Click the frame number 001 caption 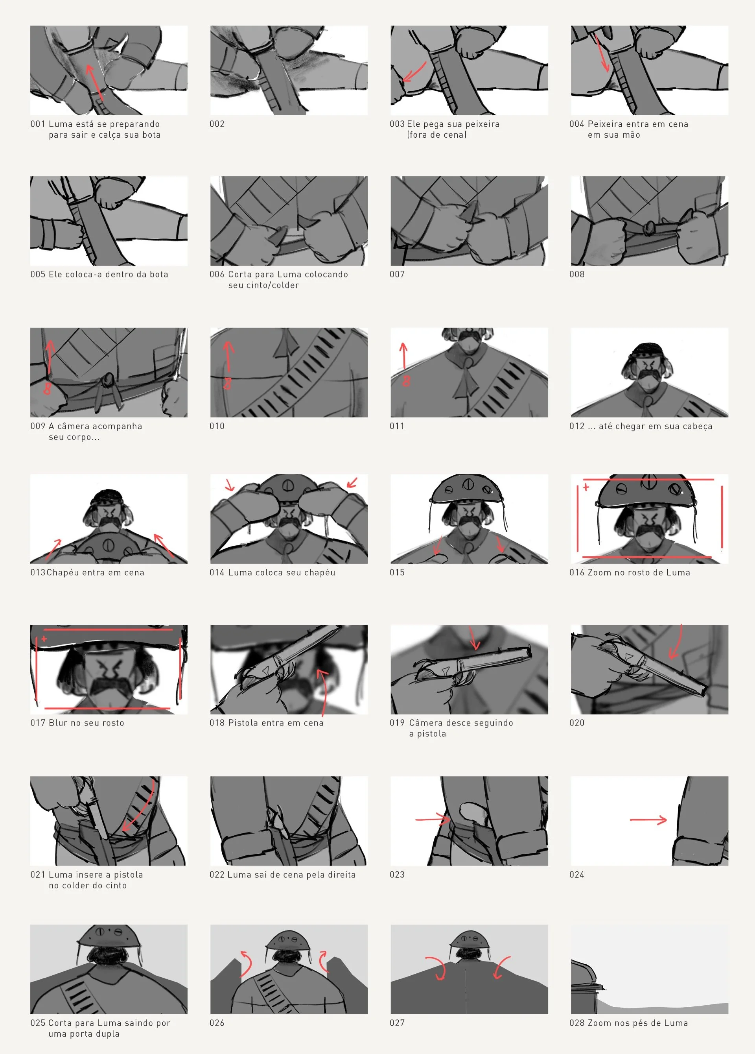click(38, 124)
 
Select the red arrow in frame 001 click(95, 82)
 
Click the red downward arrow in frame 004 click(602, 54)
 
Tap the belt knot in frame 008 click(648, 227)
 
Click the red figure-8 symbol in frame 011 click(406, 381)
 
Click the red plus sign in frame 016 click(586, 487)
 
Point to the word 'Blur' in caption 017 click(58, 723)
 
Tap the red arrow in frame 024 click(648, 820)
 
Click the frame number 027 click(397, 1023)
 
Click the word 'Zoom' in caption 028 click(599, 1023)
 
